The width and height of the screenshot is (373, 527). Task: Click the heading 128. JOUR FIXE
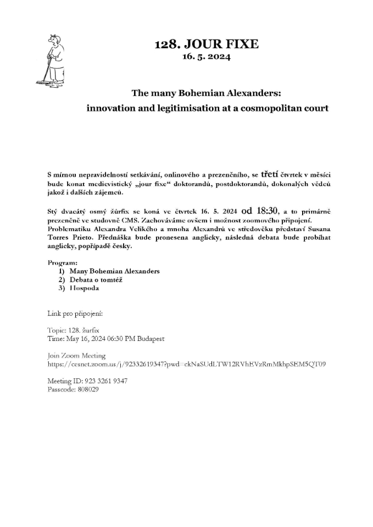tap(207, 44)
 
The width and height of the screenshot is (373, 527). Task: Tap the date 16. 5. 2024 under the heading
tap(207, 57)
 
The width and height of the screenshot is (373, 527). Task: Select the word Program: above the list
tap(63, 263)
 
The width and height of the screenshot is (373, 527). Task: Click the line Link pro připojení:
tap(75, 313)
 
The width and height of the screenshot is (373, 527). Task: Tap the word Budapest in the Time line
tap(149, 339)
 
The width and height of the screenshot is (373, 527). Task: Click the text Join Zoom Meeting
tap(76, 356)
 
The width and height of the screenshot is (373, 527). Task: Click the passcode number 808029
tap(87, 389)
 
